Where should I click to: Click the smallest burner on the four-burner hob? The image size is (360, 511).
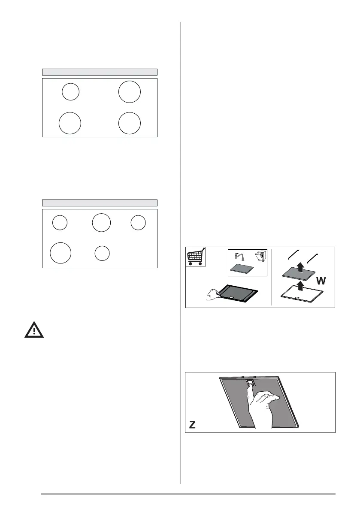[x=70, y=92]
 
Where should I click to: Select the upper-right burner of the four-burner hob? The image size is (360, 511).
[x=130, y=92]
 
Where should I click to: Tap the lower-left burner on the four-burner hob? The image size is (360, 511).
[x=70, y=123]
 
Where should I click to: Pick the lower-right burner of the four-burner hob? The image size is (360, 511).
[x=130, y=123]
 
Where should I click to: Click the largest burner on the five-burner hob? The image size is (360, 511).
[x=61, y=252]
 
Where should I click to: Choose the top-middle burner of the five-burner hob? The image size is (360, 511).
[x=101, y=223]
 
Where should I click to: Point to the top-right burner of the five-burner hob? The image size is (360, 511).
[x=138, y=223]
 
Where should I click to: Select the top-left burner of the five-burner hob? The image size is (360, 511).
[x=60, y=223]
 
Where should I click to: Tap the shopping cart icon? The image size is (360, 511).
[x=196, y=256]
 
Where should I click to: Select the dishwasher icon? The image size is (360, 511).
[x=260, y=257]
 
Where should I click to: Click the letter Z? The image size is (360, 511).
[x=193, y=425]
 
